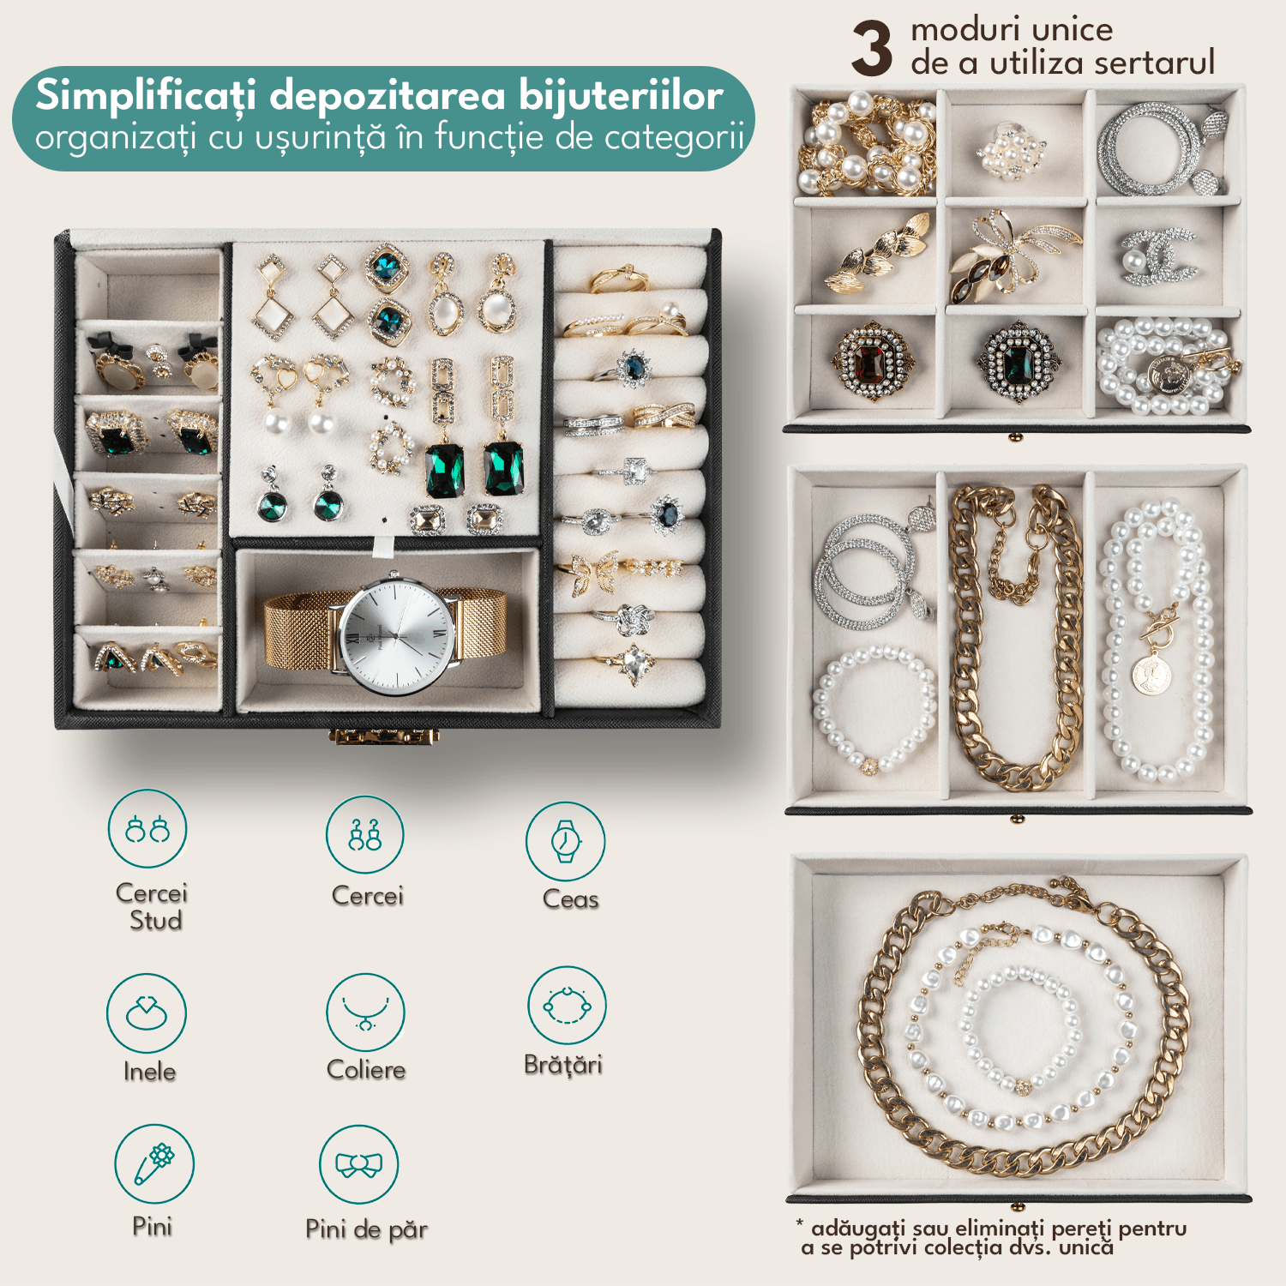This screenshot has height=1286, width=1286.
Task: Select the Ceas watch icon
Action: coord(565,841)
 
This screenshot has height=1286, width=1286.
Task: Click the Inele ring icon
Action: coord(147,1013)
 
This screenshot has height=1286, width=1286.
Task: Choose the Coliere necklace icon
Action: coord(365,1012)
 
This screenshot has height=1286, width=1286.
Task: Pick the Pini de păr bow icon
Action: coord(358,1164)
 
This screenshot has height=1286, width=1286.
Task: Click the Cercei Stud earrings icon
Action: coord(147,829)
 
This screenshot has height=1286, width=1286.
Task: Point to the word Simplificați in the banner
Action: coord(146,96)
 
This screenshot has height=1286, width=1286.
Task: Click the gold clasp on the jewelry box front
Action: coord(384,736)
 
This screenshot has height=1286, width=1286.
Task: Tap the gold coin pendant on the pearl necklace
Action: coord(1151,675)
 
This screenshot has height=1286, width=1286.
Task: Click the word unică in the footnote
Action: coord(1086,1247)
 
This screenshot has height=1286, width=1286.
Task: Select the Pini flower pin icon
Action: coord(154,1164)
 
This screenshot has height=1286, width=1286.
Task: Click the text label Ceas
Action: coord(570,899)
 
